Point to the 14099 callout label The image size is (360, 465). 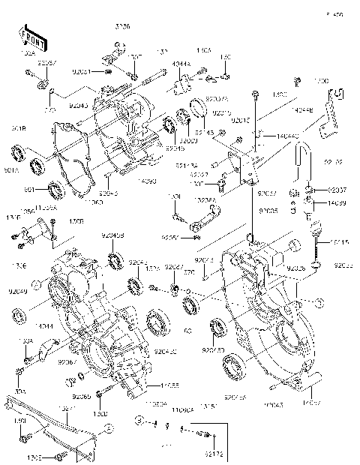(337, 203)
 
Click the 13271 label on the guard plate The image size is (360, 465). (67, 409)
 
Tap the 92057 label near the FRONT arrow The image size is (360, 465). (46, 64)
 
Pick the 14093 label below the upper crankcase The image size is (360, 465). (147, 182)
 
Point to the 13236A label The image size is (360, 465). (202, 200)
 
